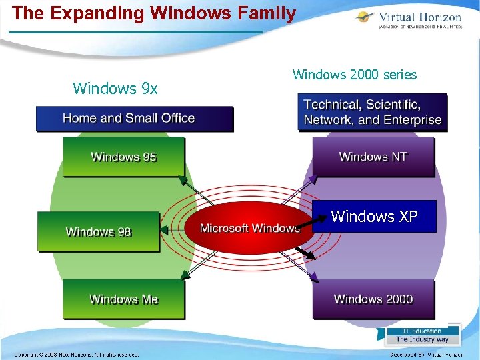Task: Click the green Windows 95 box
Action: pyautogui.click(x=123, y=157)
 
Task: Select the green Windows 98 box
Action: pyautogui.click(x=99, y=231)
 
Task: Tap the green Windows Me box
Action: pyautogui.click(x=123, y=299)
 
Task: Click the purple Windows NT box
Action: pyautogui.click(x=373, y=157)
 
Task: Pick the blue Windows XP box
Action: pyautogui.click(x=374, y=216)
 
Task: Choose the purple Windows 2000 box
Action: pyautogui.click(x=373, y=299)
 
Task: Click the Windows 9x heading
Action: pyautogui.click(x=115, y=88)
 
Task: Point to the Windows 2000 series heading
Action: pyautogui.click(x=355, y=75)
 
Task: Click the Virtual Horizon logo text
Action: pyautogui.click(x=419, y=18)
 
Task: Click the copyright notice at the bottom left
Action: pyautogui.click(x=77, y=355)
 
